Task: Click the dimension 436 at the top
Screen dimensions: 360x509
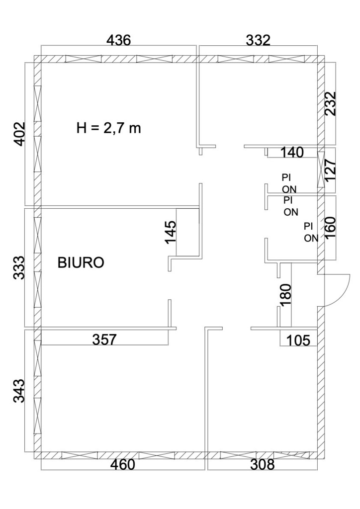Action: click(118, 41)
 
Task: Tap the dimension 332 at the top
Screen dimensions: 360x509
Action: click(258, 41)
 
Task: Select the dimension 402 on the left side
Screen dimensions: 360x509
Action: click(19, 134)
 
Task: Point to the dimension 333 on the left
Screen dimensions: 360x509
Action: click(19, 268)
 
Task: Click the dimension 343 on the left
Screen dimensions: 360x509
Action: click(19, 391)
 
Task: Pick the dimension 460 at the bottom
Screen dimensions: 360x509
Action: click(122, 465)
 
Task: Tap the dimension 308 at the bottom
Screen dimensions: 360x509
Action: click(262, 465)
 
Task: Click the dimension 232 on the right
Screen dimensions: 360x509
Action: click(331, 103)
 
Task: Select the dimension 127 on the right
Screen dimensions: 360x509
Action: click(331, 171)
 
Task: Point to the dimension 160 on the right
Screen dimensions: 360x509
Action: click(331, 228)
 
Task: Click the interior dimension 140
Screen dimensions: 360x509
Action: click(291, 152)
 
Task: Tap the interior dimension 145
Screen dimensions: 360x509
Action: click(171, 232)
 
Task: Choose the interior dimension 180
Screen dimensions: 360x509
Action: click(286, 295)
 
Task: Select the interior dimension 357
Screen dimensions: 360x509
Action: click(104, 339)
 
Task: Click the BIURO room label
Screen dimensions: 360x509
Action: click(81, 262)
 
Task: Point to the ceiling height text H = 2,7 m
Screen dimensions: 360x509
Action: click(109, 128)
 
